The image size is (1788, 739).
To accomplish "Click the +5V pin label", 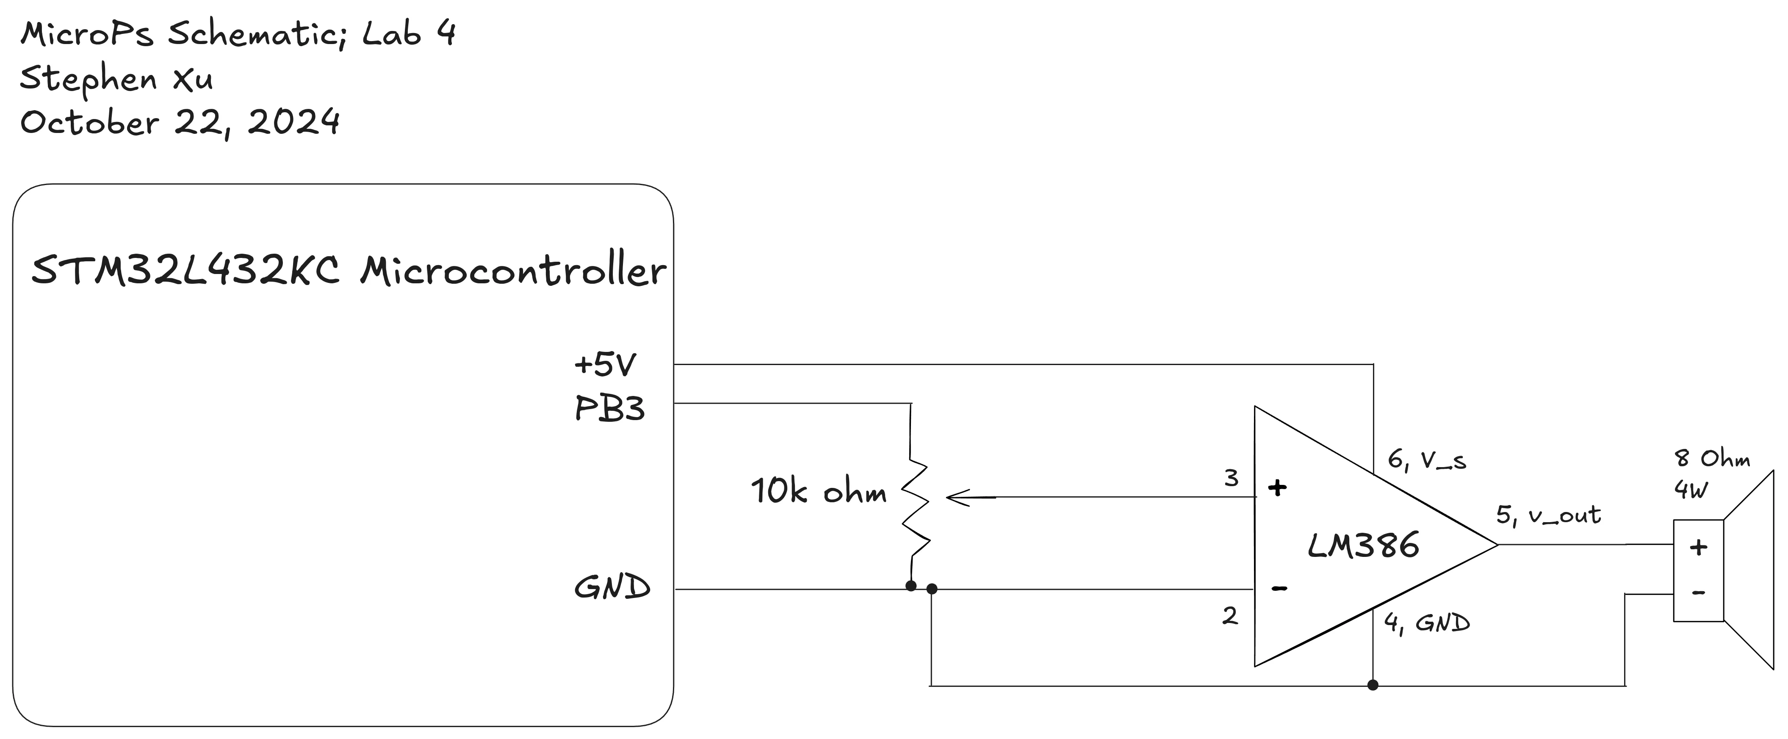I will pyautogui.click(x=605, y=364).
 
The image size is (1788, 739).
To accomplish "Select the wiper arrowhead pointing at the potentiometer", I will pyautogui.click(x=958, y=498).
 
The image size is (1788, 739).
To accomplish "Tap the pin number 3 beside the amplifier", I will pyautogui.click(x=1231, y=478).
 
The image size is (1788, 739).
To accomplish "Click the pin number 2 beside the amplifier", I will pyautogui.click(x=1229, y=615).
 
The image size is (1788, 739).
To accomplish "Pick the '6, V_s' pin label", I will pyautogui.click(x=1426, y=460).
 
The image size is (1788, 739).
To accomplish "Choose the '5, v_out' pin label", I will pyautogui.click(x=1548, y=515).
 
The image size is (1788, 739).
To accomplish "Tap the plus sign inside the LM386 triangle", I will pyautogui.click(x=1277, y=488).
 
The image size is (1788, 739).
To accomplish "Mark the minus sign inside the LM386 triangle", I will pyautogui.click(x=1279, y=588).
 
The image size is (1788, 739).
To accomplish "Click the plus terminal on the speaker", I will pyautogui.click(x=1698, y=548).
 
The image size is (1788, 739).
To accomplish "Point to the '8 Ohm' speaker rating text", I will pyautogui.click(x=1712, y=459).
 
